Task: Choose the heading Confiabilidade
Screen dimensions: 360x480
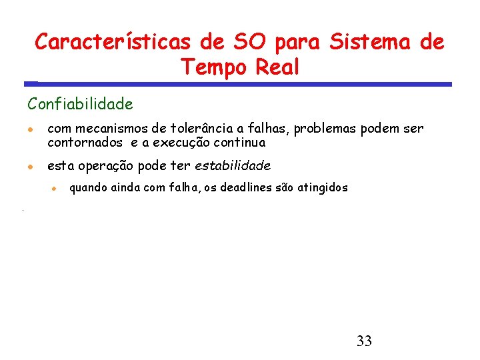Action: [80, 104]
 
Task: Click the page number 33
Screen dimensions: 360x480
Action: [364, 341]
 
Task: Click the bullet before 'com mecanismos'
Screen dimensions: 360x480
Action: [31, 129]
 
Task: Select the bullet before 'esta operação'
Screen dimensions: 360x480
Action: [31, 165]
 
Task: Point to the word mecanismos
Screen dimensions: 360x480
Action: [111, 129]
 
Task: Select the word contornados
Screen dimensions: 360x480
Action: [85, 142]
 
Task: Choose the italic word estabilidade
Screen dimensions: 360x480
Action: [233, 165]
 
